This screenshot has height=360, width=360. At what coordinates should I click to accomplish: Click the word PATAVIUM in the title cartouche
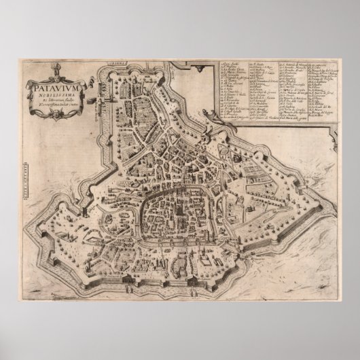(53, 88)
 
